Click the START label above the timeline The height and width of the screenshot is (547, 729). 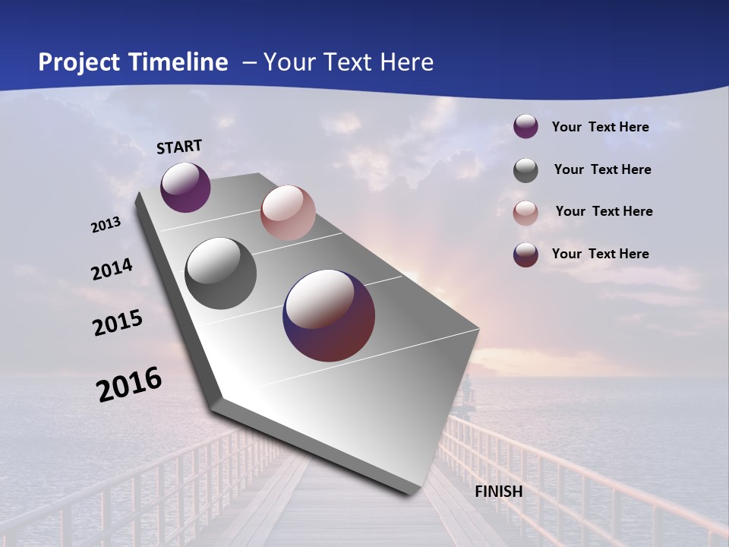coord(179,147)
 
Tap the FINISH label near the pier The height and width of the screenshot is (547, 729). coord(498,492)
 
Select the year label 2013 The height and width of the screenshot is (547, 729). coord(106,225)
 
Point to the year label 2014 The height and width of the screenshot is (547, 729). coord(112,270)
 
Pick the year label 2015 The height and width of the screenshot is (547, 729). coord(118,323)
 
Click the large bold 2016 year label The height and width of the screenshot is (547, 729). coord(129,384)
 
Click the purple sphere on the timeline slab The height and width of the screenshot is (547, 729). coord(185,188)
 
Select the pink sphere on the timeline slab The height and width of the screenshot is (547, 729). coord(288,213)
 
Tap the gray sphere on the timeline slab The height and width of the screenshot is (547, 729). coord(221,273)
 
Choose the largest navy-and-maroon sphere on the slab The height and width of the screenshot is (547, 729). coord(329,315)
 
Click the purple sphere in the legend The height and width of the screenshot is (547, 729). coord(525,127)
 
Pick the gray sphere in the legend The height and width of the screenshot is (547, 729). coord(525,170)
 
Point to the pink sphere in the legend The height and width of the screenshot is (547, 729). coord(525,213)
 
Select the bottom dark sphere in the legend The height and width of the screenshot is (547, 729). coord(525,255)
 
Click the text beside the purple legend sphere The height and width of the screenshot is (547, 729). coord(600,127)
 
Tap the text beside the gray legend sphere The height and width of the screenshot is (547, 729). coord(602,169)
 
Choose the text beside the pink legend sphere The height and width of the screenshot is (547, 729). coord(604,211)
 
